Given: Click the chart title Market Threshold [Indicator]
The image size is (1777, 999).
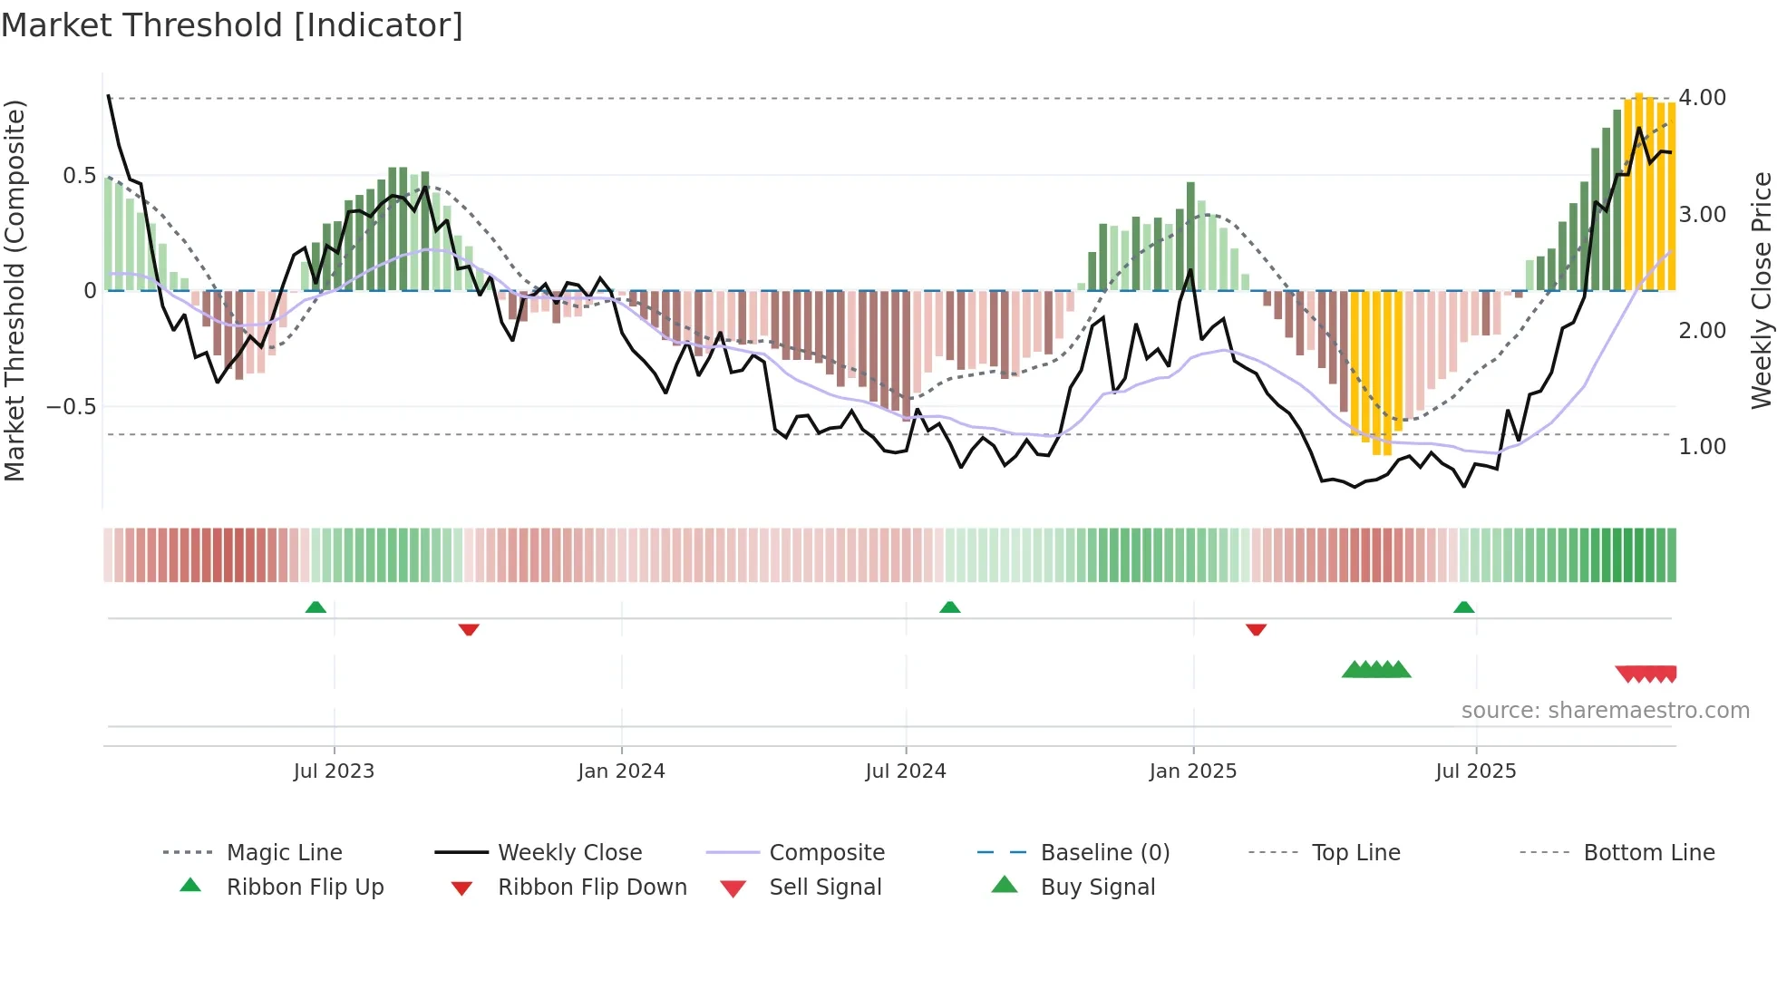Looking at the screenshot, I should coord(232,25).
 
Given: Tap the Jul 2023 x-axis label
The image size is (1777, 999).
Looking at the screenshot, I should coord(334,771).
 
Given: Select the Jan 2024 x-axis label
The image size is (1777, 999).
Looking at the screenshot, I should coord(621,771).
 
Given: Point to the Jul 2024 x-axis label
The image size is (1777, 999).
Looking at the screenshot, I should coord(905,771).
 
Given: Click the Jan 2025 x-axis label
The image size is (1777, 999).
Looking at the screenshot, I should coord(1192,771).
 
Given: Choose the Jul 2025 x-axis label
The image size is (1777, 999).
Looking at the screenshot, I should coord(1475,771).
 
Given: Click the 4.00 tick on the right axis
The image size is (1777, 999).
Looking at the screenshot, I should coord(1702,98).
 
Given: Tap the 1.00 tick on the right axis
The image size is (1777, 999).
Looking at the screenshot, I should coord(1702,447).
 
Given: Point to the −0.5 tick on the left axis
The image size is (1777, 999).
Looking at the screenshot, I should coord(71,407).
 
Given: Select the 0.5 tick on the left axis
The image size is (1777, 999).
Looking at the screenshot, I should coord(79,176).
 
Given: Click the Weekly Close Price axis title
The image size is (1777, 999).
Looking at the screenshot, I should coord(1761,290).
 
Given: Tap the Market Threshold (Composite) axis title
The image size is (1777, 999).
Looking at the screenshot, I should coord(15,290).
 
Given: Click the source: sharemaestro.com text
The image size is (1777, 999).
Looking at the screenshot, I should coord(1605,711).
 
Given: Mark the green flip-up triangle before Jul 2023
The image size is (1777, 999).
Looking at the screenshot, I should coord(316,607).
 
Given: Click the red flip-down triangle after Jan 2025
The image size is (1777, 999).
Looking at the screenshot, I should coord(1256,629).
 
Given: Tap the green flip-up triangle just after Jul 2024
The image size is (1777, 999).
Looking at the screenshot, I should coord(949,607).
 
